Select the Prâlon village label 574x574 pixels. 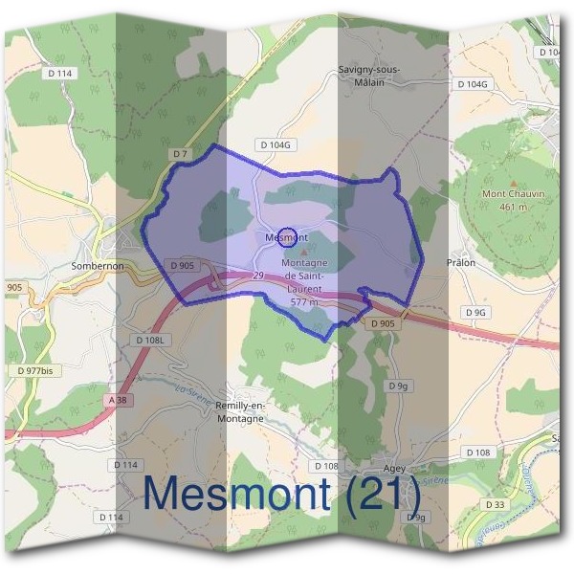pyautogui.click(x=461, y=260)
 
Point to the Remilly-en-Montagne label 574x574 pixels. pyautogui.click(x=242, y=409)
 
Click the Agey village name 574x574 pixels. pyautogui.click(x=394, y=468)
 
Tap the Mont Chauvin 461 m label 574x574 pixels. pyautogui.click(x=513, y=199)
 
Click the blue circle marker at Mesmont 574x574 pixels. pyautogui.click(x=271, y=234)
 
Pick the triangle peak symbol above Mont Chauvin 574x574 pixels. pyautogui.click(x=514, y=182)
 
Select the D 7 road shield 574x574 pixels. pyautogui.click(x=181, y=153)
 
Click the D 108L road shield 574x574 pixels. pyautogui.click(x=151, y=340)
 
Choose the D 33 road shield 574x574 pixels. pyautogui.click(x=495, y=504)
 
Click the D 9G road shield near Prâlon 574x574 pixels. pyautogui.click(x=476, y=313)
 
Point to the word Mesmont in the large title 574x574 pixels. pyautogui.click(x=237, y=496)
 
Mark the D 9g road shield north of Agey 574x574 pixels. pyautogui.click(x=399, y=386)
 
